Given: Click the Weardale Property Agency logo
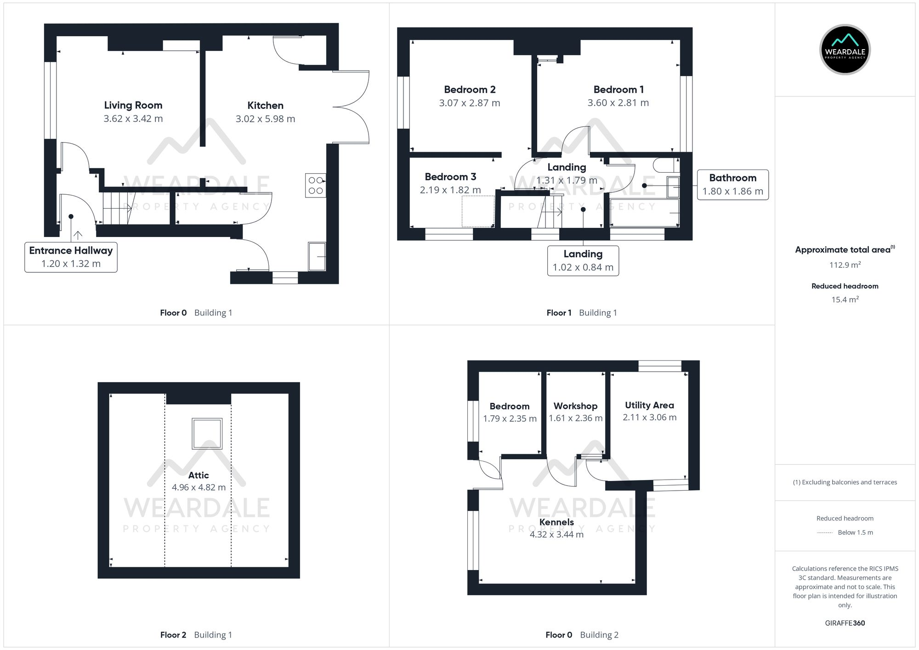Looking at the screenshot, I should point(845,49).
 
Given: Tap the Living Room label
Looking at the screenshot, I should point(133,105).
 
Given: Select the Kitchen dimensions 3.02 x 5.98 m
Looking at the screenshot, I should point(265,119).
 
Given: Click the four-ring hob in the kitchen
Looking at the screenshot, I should point(316,185).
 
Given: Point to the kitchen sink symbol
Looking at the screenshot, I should point(317,257).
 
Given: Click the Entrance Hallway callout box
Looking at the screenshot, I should point(71,257).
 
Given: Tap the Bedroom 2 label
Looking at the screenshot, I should point(470,90).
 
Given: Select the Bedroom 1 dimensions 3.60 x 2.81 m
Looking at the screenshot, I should point(618,103).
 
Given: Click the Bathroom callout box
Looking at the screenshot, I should point(732,185).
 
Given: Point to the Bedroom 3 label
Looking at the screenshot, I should point(450,177).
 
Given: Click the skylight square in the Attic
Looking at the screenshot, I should point(207,433).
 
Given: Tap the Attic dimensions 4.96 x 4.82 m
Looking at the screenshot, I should point(199,487).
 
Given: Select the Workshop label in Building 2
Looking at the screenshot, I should point(575,406).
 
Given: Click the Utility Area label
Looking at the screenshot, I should point(649,405).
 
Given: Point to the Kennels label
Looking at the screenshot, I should point(556,522).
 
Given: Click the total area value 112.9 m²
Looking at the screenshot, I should point(845,265).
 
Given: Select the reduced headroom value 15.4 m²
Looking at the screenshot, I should point(845,300).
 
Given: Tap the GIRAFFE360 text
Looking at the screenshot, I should point(845,623).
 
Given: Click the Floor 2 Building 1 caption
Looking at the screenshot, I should point(196,635).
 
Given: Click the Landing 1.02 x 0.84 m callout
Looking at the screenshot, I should point(583,260).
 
